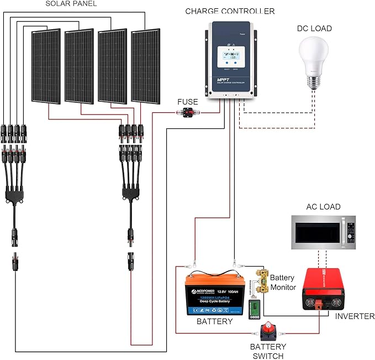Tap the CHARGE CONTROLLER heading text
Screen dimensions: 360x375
[x=230, y=11]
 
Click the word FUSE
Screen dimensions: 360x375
[x=187, y=102]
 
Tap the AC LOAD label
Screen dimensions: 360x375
[x=323, y=207]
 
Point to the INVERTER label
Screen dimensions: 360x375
[x=351, y=316]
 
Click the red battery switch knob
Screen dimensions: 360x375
[x=271, y=333]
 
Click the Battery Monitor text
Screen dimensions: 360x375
[x=283, y=282]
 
